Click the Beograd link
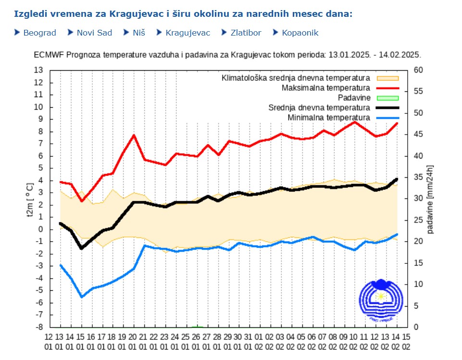coord(39,33)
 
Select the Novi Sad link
coord(94,33)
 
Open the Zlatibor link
coord(246,33)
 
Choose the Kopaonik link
coord(300,33)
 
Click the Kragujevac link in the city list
coord(187,33)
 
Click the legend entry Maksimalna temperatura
coord(325,88)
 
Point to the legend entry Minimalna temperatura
coord(329,118)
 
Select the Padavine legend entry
coord(354,98)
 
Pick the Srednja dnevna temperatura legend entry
coord(319,108)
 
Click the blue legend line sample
coord(387,118)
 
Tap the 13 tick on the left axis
coord(38,70)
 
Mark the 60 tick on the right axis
coord(418,70)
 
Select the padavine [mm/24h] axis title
coord(430,199)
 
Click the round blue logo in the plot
coord(380,300)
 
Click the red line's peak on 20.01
coord(134,135)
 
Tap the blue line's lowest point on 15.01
coord(82,297)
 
